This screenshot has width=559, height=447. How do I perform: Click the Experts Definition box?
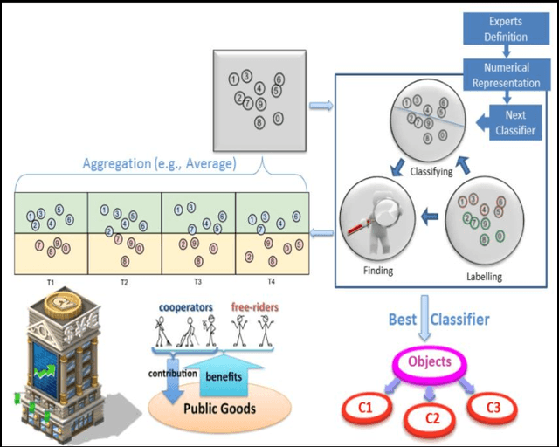coord(507,30)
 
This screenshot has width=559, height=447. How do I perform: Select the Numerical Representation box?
coord(507,76)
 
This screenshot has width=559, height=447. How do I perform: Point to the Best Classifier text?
coord(438,320)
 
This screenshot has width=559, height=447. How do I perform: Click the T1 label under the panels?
coord(51,282)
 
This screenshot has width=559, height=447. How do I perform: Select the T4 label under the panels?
coord(271,282)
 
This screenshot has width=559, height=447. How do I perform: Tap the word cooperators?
coord(186,307)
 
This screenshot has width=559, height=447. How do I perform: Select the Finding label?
coord(378,271)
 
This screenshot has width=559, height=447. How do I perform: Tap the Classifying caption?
coord(431,172)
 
